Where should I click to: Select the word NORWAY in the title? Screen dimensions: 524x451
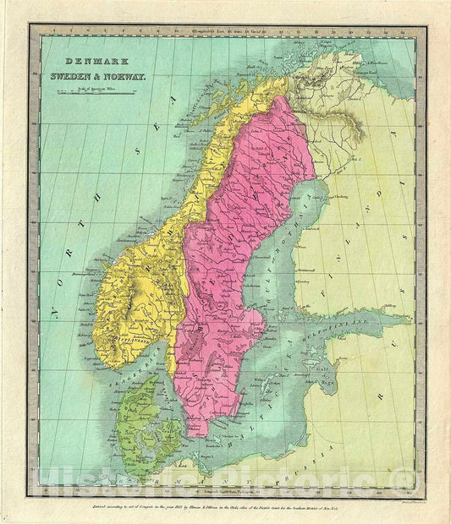pyautogui.click(x=126, y=75)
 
